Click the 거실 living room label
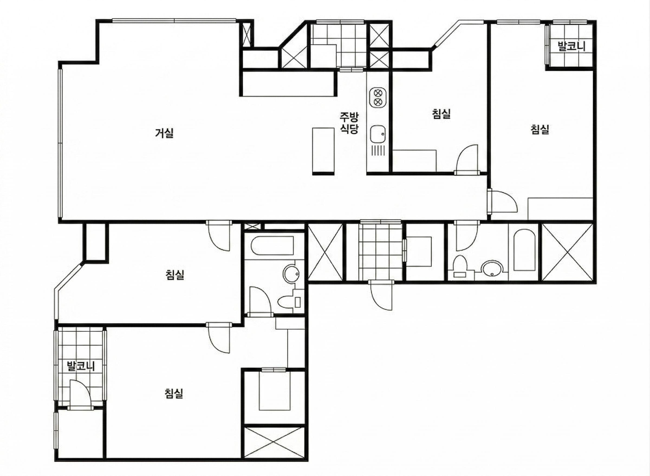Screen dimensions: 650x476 (164, 133)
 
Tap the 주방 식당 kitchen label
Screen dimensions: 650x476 (349, 123)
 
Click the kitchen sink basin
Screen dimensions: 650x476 (378, 134)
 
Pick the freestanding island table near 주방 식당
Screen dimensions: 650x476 (324, 151)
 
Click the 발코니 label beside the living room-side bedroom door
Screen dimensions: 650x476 (81, 366)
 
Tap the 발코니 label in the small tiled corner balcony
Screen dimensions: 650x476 (572, 46)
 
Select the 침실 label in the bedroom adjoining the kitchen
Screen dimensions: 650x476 (441, 114)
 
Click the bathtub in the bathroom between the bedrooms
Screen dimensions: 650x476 (272, 246)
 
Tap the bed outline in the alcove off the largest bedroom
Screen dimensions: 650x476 (274, 390)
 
